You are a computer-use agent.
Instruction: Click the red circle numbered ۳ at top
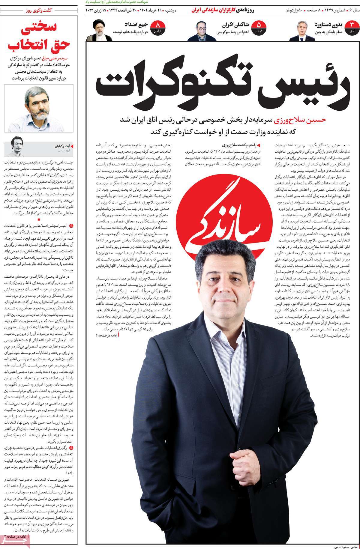pos(352,26)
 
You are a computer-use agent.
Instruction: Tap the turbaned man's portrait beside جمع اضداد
pos(99,31)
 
